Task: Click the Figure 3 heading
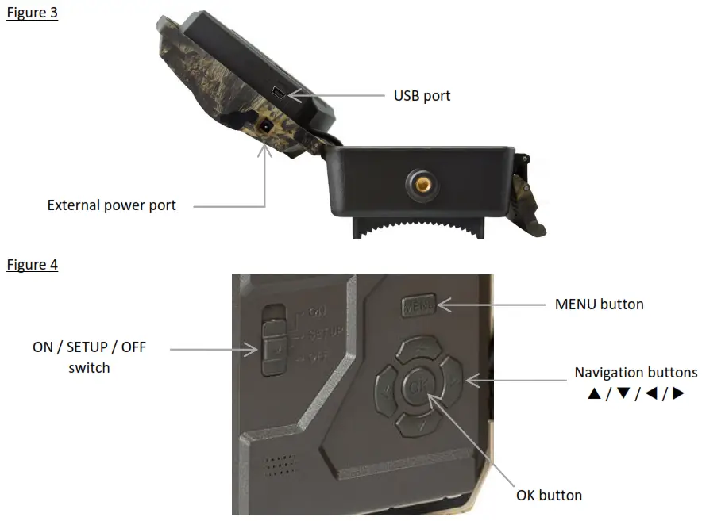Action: coord(32,13)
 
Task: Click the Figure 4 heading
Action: coord(32,264)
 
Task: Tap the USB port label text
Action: coord(422,96)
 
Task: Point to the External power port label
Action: coord(111,205)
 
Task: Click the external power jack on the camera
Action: coord(265,126)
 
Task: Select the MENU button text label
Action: coord(599,304)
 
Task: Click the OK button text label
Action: coord(549,496)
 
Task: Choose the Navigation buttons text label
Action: coord(635,373)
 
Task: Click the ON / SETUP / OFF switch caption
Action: coord(89,357)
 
